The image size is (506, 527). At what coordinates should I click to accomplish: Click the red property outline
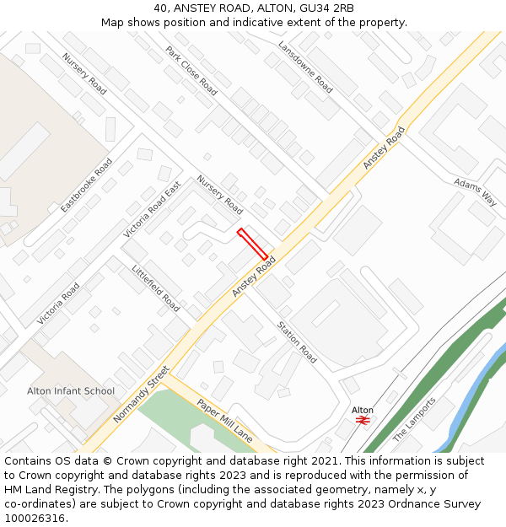(253, 244)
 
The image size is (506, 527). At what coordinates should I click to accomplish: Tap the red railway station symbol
(363, 420)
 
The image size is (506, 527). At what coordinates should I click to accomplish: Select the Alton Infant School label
(71, 391)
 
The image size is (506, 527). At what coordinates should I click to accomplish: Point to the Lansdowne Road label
(305, 67)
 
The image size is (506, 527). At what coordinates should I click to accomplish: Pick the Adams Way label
(475, 191)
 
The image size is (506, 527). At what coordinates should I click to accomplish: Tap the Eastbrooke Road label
(87, 185)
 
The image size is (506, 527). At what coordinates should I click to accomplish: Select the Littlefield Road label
(156, 288)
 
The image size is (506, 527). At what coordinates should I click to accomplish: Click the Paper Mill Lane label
(225, 420)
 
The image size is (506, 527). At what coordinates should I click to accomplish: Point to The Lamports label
(415, 419)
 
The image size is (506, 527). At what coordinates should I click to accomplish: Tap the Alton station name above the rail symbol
(363, 410)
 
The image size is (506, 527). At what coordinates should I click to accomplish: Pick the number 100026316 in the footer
(35, 518)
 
